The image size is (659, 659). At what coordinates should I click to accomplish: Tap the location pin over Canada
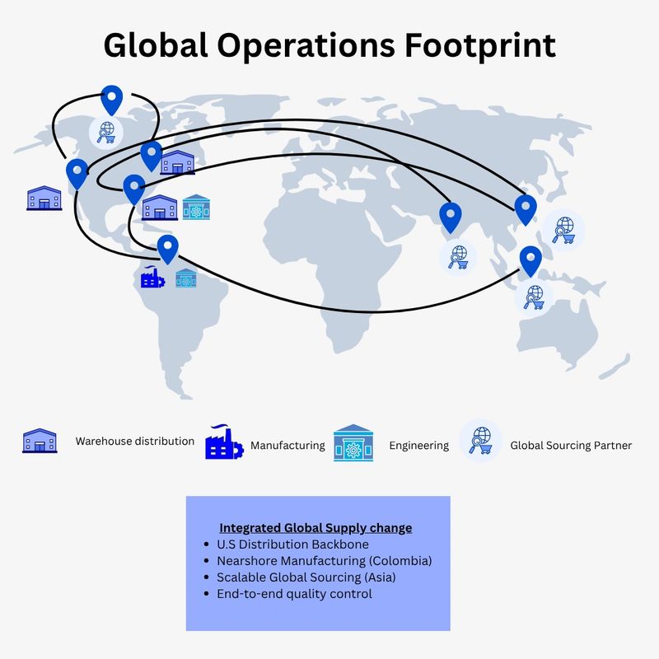[x=110, y=99]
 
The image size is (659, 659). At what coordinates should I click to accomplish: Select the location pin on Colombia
[x=167, y=248]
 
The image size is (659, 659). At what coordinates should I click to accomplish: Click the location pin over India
[x=450, y=217]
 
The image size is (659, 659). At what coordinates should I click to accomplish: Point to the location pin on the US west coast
[x=77, y=173]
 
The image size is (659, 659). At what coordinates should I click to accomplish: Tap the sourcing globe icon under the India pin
[x=456, y=255]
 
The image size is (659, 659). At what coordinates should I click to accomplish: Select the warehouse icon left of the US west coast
[x=44, y=198]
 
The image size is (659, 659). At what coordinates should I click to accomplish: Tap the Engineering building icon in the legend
[x=353, y=445]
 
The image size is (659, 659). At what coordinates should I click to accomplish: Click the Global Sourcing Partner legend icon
[x=481, y=441]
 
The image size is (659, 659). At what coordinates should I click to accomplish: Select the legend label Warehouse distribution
[x=135, y=441]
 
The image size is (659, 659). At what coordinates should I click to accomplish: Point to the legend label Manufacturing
[x=287, y=446]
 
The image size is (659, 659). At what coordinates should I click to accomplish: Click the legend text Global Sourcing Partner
[x=571, y=446]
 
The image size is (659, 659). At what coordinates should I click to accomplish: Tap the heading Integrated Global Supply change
[x=315, y=527]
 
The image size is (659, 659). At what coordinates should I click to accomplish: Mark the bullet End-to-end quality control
[x=294, y=593]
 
